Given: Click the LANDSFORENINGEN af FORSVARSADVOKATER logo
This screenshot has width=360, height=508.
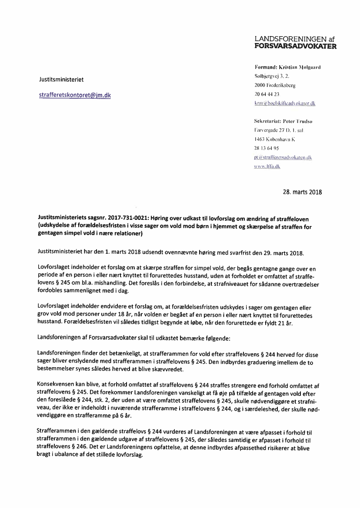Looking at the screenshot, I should point(295,42).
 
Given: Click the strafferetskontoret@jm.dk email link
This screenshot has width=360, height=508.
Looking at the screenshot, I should point(75,95).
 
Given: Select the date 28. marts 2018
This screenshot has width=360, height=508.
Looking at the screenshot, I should point(302,192).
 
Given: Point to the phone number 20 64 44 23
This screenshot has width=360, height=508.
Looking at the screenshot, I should point(267,94).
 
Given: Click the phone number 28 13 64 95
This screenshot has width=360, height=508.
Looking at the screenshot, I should point(267,148).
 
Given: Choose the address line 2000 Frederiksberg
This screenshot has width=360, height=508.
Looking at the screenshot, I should point(275,85).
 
